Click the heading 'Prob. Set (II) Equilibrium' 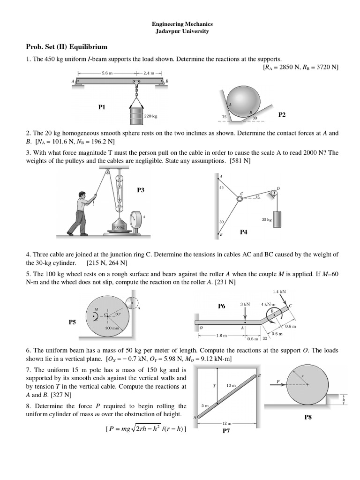click(67, 47)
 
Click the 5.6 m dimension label click(107, 73)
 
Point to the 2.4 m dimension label click(149, 73)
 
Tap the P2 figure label click(282, 115)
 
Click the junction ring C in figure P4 click(240, 198)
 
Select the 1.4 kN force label click(280, 292)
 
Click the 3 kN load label click(245, 304)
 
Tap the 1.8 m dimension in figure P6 click(222, 336)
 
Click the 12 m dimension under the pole click(226, 423)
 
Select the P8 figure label click(308, 417)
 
